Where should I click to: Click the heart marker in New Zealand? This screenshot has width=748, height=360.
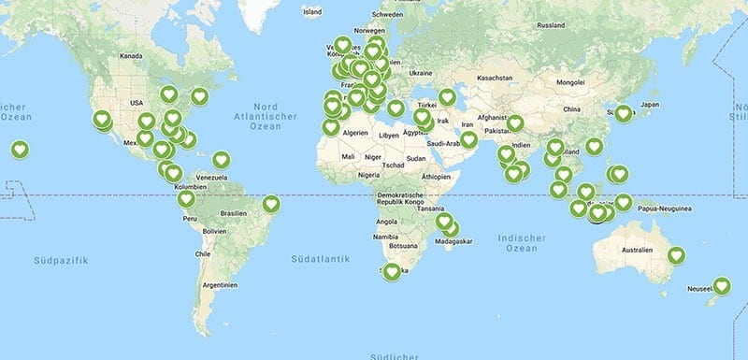pyautogui.click(x=721, y=286)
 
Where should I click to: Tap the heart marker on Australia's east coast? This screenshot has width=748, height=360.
pyautogui.click(x=675, y=254)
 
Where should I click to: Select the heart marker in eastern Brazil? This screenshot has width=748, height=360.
pyautogui.click(x=271, y=203)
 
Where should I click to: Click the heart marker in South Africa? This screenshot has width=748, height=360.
pyautogui.click(x=392, y=271)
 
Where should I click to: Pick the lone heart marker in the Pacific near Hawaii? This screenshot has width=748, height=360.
pyautogui.click(x=20, y=149)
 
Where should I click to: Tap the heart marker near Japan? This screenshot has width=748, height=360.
pyautogui.click(x=624, y=113)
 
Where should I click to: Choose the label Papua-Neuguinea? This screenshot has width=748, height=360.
pyautogui.click(x=665, y=209)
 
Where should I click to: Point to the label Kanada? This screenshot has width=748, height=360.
pyautogui.click(x=130, y=55)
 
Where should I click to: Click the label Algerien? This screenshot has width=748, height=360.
pyautogui.click(x=356, y=134)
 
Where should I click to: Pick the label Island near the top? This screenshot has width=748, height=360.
pyautogui.click(x=312, y=12)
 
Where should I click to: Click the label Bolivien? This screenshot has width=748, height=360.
pyautogui.click(x=217, y=230)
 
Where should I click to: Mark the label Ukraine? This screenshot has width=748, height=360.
pyautogui.click(x=421, y=73)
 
